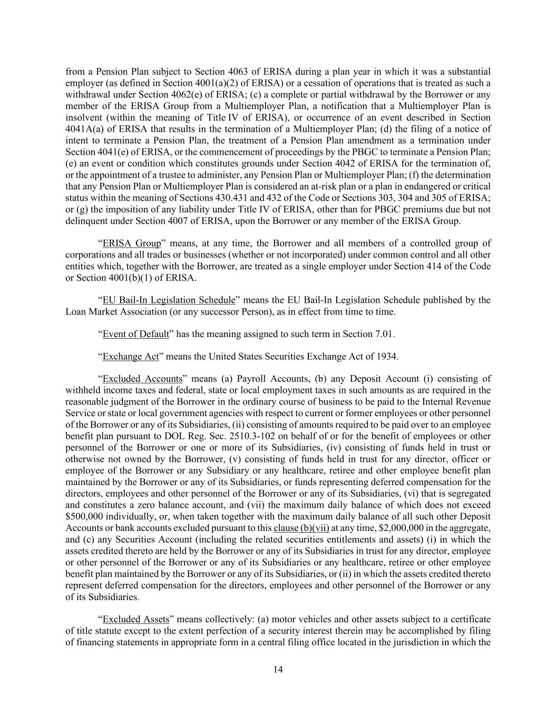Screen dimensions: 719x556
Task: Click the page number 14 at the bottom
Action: pyautogui.click(x=278, y=669)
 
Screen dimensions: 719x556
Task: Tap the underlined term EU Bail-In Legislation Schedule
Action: pyautogui.click(x=169, y=300)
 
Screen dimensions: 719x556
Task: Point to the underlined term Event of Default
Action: pyautogui.click(x=136, y=334)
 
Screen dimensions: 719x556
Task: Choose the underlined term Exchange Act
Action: pyautogui.click(x=130, y=357)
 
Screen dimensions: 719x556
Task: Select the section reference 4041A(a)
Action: pyautogui.click(x=83, y=129)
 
